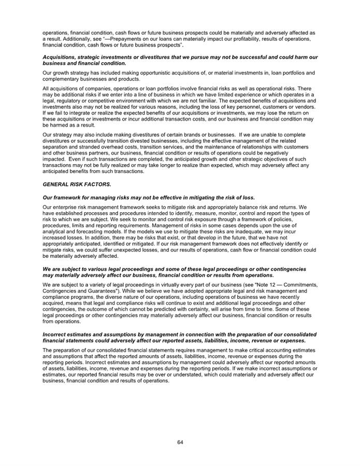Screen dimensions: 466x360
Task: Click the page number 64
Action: pyautogui.click(x=180, y=442)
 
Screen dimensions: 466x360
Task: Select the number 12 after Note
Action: pyautogui.click(x=273, y=286)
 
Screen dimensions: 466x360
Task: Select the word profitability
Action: pyautogui.click(x=225, y=39)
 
